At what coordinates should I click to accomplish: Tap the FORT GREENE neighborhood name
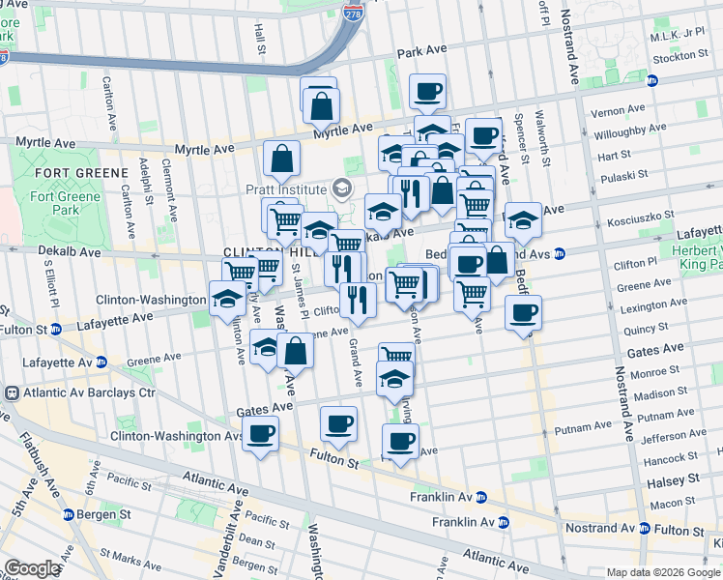[x=80, y=172]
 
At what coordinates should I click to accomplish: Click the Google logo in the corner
[x=31, y=569]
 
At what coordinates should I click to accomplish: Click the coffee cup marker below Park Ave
[x=428, y=93]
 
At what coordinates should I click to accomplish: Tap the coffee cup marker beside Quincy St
[x=523, y=313]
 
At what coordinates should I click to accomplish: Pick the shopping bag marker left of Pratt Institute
[x=281, y=159]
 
